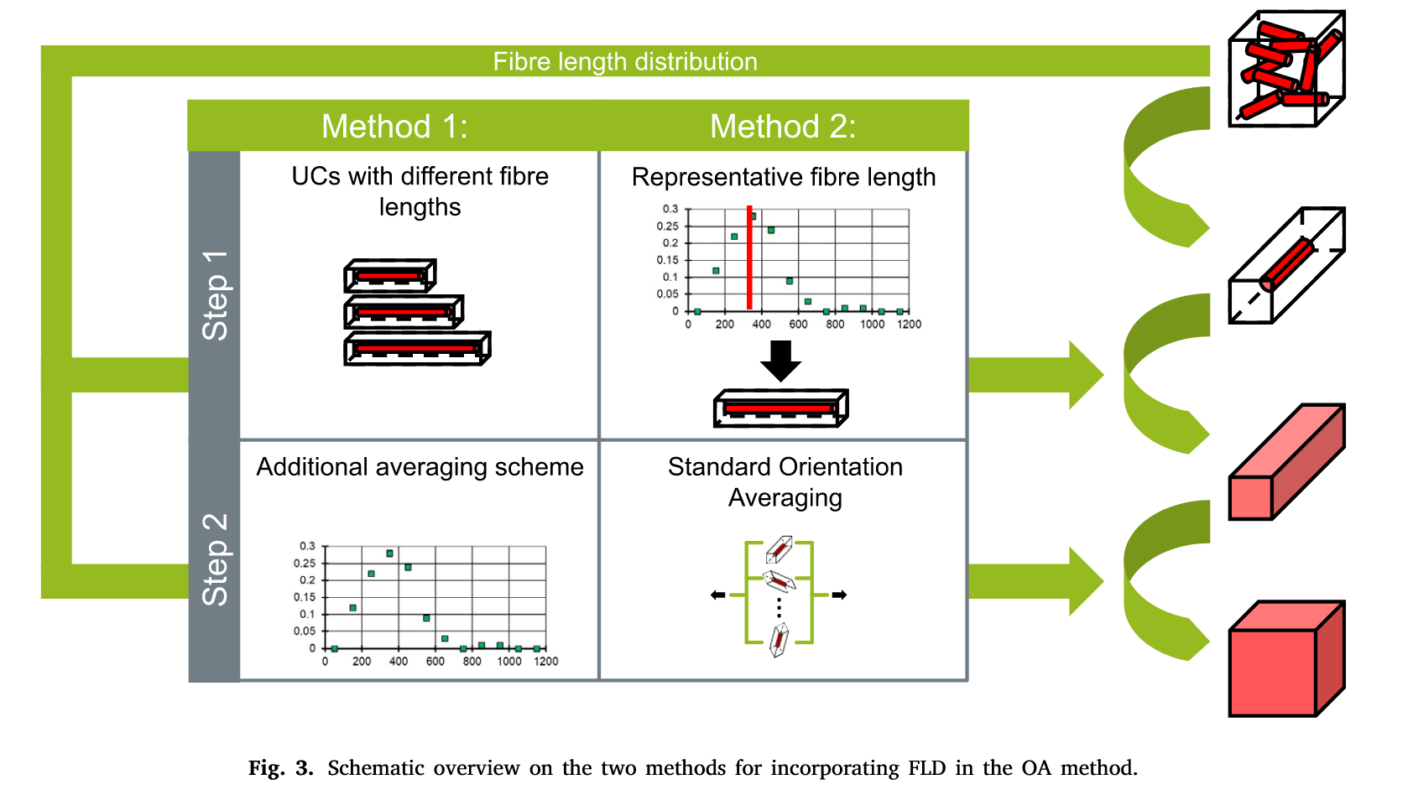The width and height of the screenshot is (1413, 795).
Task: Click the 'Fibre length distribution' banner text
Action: point(624,61)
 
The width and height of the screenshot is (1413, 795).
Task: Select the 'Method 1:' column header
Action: point(394,127)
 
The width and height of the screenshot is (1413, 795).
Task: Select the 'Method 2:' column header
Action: point(783,127)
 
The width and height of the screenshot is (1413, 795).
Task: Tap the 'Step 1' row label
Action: point(215,295)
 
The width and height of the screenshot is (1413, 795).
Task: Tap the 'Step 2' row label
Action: point(215,559)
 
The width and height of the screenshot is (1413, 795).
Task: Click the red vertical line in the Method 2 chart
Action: point(749,258)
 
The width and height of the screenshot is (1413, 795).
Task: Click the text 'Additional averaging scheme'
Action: point(420,467)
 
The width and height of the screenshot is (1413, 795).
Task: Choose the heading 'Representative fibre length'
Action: point(783,177)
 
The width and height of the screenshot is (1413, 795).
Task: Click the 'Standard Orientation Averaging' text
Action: point(785,482)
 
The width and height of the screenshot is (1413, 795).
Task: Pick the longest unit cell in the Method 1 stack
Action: point(417,348)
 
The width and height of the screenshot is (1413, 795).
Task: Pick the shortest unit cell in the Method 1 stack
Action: point(390,275)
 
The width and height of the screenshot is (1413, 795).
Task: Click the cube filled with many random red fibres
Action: point(1285,69)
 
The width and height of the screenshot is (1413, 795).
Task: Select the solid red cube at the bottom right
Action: point(1285,660)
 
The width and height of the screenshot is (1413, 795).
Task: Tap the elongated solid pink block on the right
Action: point(1285,463)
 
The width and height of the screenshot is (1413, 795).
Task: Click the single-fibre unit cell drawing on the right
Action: point(1285,266)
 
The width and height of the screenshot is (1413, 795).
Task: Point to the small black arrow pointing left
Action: point(717,595)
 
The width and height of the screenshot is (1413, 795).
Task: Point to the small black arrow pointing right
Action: point(839,595)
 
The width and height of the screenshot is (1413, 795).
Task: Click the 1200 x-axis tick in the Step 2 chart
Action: point(545,662)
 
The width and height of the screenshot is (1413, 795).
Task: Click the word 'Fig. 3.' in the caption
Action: point(280,768)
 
